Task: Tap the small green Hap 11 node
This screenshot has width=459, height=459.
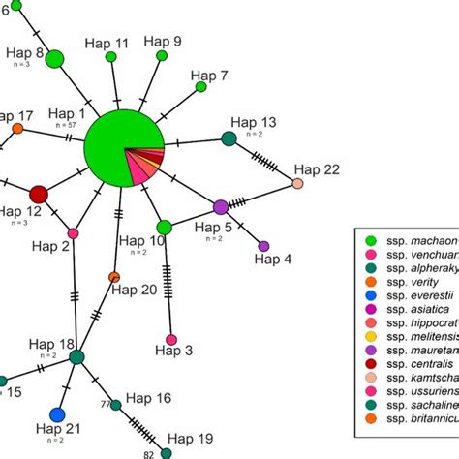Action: pos(111,58)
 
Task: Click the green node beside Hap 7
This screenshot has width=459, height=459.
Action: pos(201,87)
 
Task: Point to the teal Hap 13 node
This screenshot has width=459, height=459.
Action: pos(229,138)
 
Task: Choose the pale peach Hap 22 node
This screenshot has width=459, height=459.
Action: pos(298,182)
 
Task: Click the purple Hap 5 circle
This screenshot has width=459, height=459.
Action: pos(221,206)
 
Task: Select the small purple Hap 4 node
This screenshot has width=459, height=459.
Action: pos(263,246)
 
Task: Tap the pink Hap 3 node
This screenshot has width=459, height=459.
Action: pos(171,340)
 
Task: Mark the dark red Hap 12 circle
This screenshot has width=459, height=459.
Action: pos(39,194)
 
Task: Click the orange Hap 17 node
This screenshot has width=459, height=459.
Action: pos(17,129)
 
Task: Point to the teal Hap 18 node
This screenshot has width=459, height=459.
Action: pos(77,357)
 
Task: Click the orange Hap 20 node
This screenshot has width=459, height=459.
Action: pos(114,278)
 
